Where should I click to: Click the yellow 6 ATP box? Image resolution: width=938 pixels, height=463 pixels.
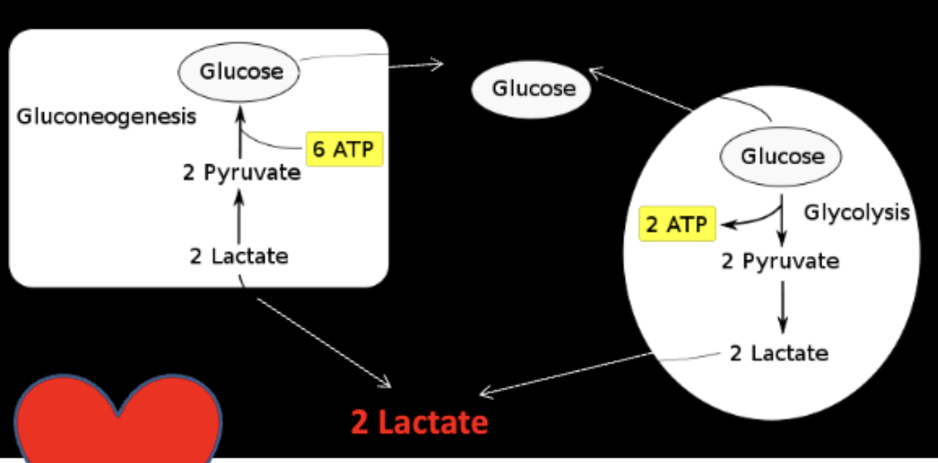click(x=344, y=149)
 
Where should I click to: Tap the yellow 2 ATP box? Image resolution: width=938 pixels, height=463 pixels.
click(x=677, y=224)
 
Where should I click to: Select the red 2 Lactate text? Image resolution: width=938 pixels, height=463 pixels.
click(x=420, y=422)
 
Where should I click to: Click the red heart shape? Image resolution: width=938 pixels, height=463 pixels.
click(x=117, y=422)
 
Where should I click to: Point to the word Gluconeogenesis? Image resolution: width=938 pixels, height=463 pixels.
click(x=107, y=118)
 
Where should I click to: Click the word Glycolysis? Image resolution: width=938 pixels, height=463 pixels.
click(x=856, y=213)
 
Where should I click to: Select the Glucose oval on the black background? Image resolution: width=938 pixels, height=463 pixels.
click(x=533, y=89)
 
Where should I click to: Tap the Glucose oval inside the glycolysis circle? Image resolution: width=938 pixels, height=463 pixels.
click(x=781, y=157)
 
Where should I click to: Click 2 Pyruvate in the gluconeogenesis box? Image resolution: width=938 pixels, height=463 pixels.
click(x=241, y=172)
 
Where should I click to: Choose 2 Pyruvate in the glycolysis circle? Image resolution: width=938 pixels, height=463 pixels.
click(x=780, y=261)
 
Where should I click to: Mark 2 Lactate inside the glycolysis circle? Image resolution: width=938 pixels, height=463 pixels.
click(x=778, y=353)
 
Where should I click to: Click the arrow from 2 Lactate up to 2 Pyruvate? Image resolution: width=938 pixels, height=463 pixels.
click(x=239, y=216)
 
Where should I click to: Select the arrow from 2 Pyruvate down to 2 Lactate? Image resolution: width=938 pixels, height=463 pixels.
click(x=783, y=306)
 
